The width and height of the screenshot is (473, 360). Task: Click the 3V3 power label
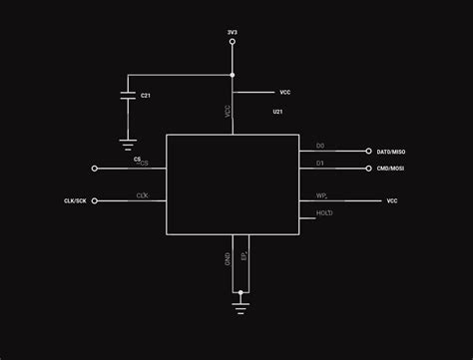click(x=233, y=33)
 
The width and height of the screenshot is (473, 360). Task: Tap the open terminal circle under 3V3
click(x=233, y=43)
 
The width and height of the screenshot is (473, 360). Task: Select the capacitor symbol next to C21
click(x=128, y=96)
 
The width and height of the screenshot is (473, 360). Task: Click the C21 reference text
click(x=146, y=96)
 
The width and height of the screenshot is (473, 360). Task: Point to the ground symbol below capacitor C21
click(x=128, y=144)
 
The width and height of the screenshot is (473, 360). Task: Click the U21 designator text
click(x=277, y=114)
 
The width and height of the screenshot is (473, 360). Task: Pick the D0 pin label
click(x=320, y=147)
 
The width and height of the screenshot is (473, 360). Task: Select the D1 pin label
click(x=320, y=163)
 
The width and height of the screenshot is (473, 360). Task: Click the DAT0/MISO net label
click(x=391, y=152)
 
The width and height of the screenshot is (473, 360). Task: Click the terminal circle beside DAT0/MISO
click(x=368, y=152)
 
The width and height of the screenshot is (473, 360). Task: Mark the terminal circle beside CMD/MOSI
click(x=368, y=169)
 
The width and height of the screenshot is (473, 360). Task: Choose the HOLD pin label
click(x=324, y=213)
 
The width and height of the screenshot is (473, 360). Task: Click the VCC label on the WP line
click(x=392, y=201)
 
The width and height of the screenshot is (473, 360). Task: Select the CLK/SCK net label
click(x=75, y=201)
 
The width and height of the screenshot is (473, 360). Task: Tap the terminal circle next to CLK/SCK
click(x=95, y=201)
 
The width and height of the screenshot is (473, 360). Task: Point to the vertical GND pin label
click(x=229, y=257)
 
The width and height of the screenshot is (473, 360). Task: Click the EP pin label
click(x=244, y=256)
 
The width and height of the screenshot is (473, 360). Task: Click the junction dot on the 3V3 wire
click(x=233, y=75)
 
